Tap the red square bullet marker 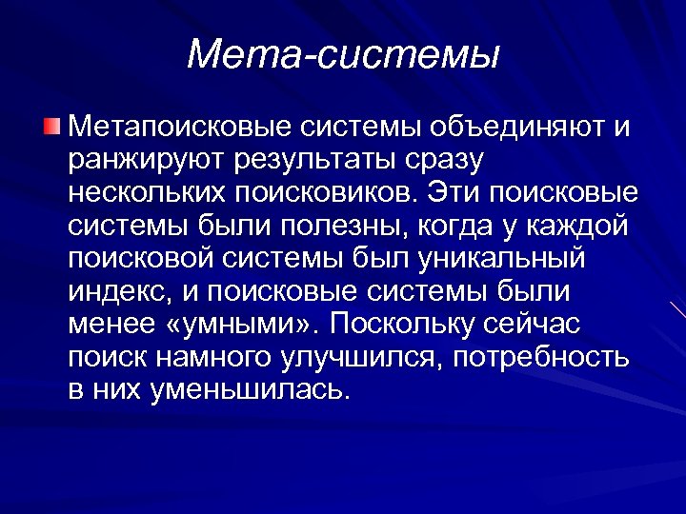coord(52,126)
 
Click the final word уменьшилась coord(250,390)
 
